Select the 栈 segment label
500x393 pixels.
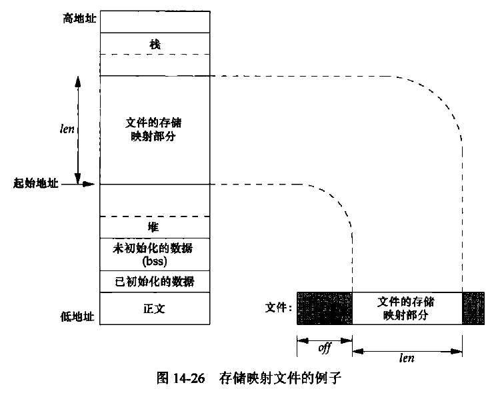pyautogui.click(x=155, y=43)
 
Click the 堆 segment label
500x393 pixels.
pyautogui.click(x=155, y=228)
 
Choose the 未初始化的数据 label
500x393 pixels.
pyautogui.click(x=155, y=248)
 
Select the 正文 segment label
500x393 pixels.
pyautogui.click(x=155, y=310)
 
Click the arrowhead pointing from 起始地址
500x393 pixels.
pyautogui.click(x=91, y=183)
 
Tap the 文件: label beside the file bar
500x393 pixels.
pyautogui.click(x=278, y=308)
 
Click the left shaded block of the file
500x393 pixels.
pyautogui.click(x=324, y=308)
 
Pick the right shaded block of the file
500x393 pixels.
pyautogui.click(x=474, y=308)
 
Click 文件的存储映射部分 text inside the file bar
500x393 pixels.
pyautogui.click(x=407, y=308)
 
